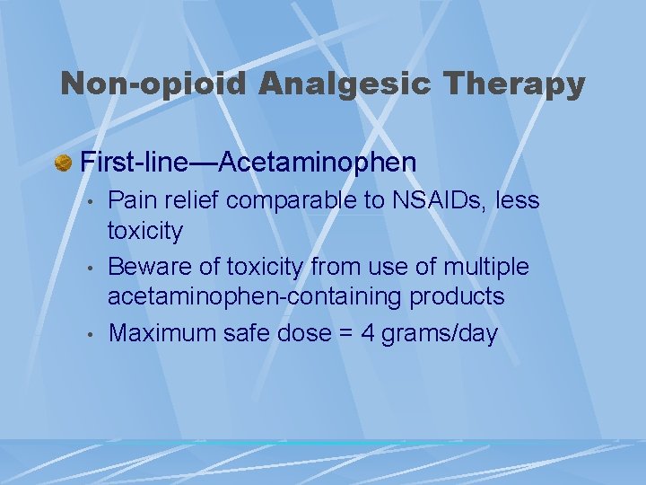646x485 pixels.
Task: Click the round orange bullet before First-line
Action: (x=64, y=163)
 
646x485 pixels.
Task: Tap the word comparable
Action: (x=292, y=201)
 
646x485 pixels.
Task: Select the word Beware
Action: (x=147, y=267)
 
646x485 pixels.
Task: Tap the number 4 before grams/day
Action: (x=367, y=333)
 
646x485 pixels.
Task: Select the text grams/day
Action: (x=440, y=334)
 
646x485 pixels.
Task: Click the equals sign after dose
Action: (x=344, y=334)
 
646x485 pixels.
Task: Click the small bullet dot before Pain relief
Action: (x=90, y=202)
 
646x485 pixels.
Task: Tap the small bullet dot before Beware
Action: (x=90, y=268)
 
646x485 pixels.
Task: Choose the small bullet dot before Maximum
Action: (x=90, y=334)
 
